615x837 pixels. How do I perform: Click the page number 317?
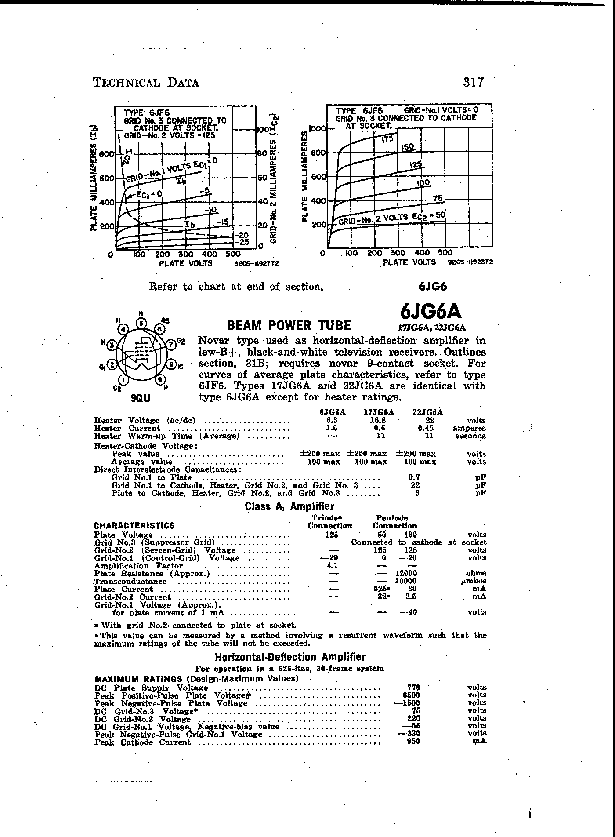pyautogui.click(x=473, y=82)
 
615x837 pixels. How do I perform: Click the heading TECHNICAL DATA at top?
pyautogui.click(x=146, y=83)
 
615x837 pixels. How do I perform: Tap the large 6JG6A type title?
pyautogui.click(x=431, y=311)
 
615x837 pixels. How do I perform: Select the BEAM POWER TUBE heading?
pyautogui.click(x=289, y=325)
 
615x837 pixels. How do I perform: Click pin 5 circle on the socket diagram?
pyautogui.click(x=141, y=323)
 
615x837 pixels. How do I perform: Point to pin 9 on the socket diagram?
pyautogui.click(x=161, y=379)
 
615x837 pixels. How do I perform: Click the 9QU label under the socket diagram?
pyautogui.click(x=141, y=398)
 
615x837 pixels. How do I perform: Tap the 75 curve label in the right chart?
pyautogui.click(x=437, y=199)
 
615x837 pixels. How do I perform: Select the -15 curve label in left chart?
pyautogui.click(x=223, y=222)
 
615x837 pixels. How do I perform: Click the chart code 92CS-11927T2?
pyautogui.click(x=257, y=264)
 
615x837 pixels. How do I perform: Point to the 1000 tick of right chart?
pyautogui.click(x=317, y=129)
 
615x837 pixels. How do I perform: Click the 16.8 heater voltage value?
pyautogui.click(x=378, y=420)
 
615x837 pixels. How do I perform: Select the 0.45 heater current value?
pyautogui.click(x=426, y=428)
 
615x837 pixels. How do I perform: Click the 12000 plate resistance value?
pyautogui.click(x=406, y=573)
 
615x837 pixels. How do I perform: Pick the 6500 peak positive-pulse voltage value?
pyautogui.click(x=413, y=695)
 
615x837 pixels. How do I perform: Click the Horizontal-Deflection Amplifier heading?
pyautogui.click(x=290, y=657)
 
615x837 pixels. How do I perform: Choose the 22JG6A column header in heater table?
pyautogui.click(x=428, y=412)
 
